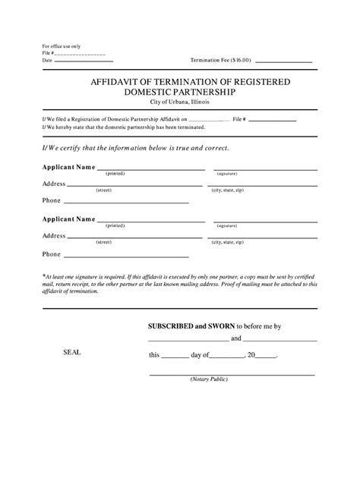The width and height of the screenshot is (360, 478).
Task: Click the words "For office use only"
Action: click(x=60, y=46)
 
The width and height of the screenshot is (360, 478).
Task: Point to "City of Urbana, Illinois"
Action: click(x=179, y=102)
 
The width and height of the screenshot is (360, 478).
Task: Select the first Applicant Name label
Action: click(x=68, y=166)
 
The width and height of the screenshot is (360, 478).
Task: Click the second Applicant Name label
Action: click(x=68, y=219)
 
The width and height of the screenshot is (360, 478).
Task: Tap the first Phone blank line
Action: click(x=126, y=203)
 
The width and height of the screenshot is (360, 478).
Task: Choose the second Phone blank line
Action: click(x=126, y=255)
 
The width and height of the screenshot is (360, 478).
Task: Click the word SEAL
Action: click(x=71, y=353)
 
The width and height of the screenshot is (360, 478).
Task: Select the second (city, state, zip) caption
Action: click(x=228, y=242)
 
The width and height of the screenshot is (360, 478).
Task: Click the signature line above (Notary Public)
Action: click(x=232, y=375)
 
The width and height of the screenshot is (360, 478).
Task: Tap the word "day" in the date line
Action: click(x=197, y=354)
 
